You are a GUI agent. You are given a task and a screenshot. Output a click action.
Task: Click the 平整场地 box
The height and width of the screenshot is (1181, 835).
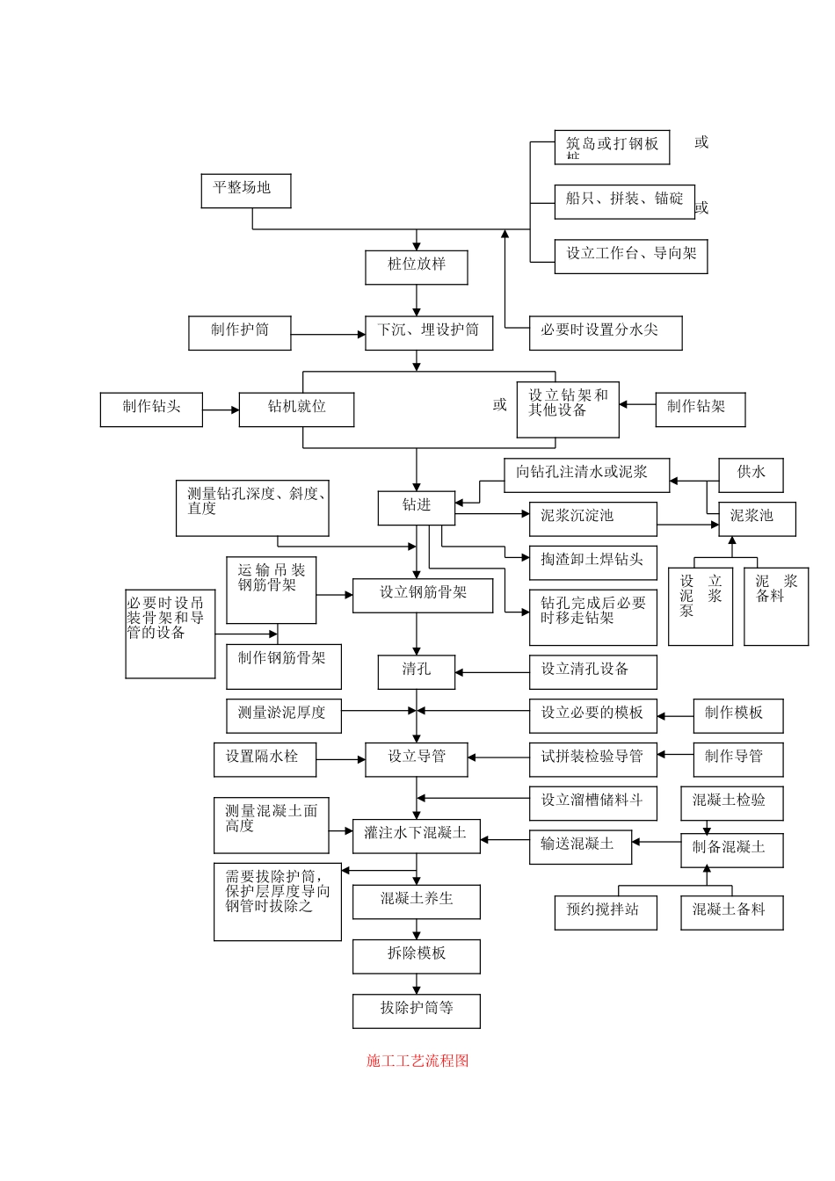tap(245, 191)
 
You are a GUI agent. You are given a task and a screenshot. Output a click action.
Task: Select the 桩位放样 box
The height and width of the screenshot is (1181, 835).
tap(417, 267)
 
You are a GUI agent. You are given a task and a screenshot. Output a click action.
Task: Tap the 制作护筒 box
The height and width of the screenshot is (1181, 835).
tap(239, 333)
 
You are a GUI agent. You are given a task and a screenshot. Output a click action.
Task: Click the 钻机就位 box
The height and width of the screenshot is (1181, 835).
tap(296, 409)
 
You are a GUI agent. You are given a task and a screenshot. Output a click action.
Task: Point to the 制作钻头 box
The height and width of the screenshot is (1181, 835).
tap(151, 409)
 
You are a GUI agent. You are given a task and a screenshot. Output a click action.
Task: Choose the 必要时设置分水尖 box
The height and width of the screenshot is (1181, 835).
tap(605, 333)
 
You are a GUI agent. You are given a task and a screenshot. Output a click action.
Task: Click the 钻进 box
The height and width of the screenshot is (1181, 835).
tap(417, 508)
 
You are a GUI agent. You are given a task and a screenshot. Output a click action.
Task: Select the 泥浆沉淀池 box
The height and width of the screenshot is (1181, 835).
tap(592, 518)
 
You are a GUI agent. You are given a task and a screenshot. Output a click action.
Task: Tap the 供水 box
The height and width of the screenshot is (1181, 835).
tap(751, 475)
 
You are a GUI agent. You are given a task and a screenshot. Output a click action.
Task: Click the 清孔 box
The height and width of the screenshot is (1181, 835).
tap(417, 672)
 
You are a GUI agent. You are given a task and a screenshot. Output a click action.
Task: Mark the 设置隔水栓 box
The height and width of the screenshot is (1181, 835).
tap(265, 759)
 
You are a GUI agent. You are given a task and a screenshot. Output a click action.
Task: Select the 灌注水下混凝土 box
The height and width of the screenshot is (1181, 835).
tap(417, 836)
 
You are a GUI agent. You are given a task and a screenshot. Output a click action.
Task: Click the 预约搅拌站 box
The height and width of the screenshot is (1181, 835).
tap(606, 912)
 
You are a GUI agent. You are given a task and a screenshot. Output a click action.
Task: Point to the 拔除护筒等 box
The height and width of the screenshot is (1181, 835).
tap(417, 1011)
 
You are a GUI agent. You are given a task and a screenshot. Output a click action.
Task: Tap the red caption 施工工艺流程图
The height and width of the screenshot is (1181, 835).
tap(417, 1061)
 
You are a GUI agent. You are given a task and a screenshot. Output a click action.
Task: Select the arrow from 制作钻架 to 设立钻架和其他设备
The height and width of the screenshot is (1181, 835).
tap(637, 405)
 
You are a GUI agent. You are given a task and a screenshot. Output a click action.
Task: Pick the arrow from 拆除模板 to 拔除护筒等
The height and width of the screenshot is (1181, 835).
tap(417, 984)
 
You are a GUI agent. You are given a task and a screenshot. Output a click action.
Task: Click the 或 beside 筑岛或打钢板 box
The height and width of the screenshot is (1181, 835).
tap(701, 142)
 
